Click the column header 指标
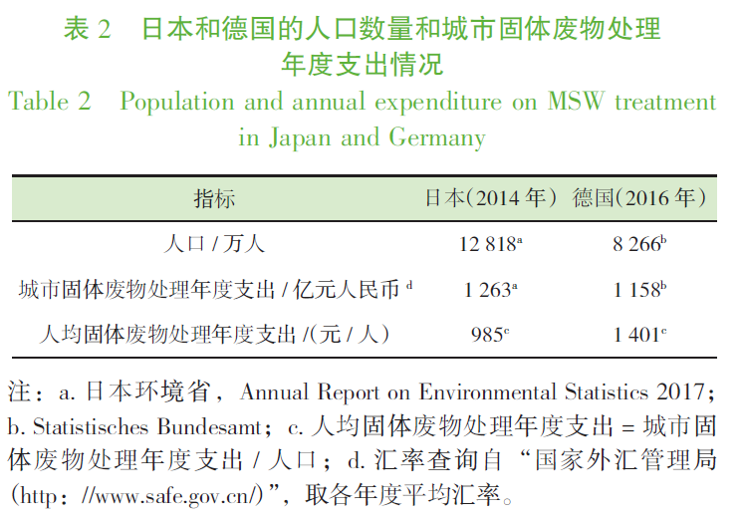coord(214,198)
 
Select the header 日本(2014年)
coord(484,198)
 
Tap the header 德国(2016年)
coord(639,198)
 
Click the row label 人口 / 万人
coord(214,244)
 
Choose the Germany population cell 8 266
coord(637,244)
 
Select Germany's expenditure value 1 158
coord(637,290)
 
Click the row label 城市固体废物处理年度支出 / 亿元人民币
coord(213,290)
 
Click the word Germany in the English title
coord(439,137)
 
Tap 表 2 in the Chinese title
coord(88,28)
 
